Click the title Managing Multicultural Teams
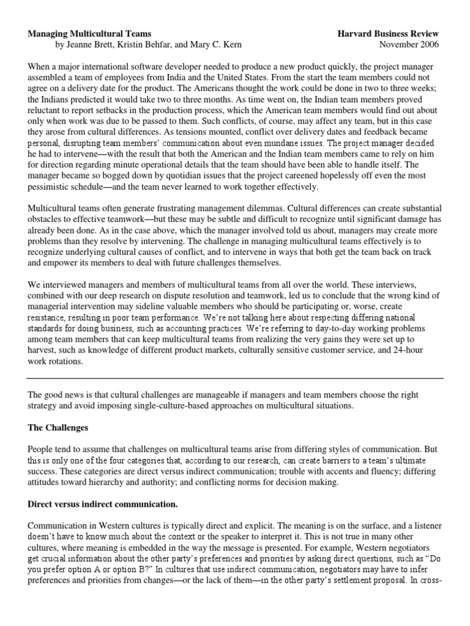tap(89, 34)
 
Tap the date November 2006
tap(409, 45)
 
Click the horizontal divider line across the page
tap(235, 378)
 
